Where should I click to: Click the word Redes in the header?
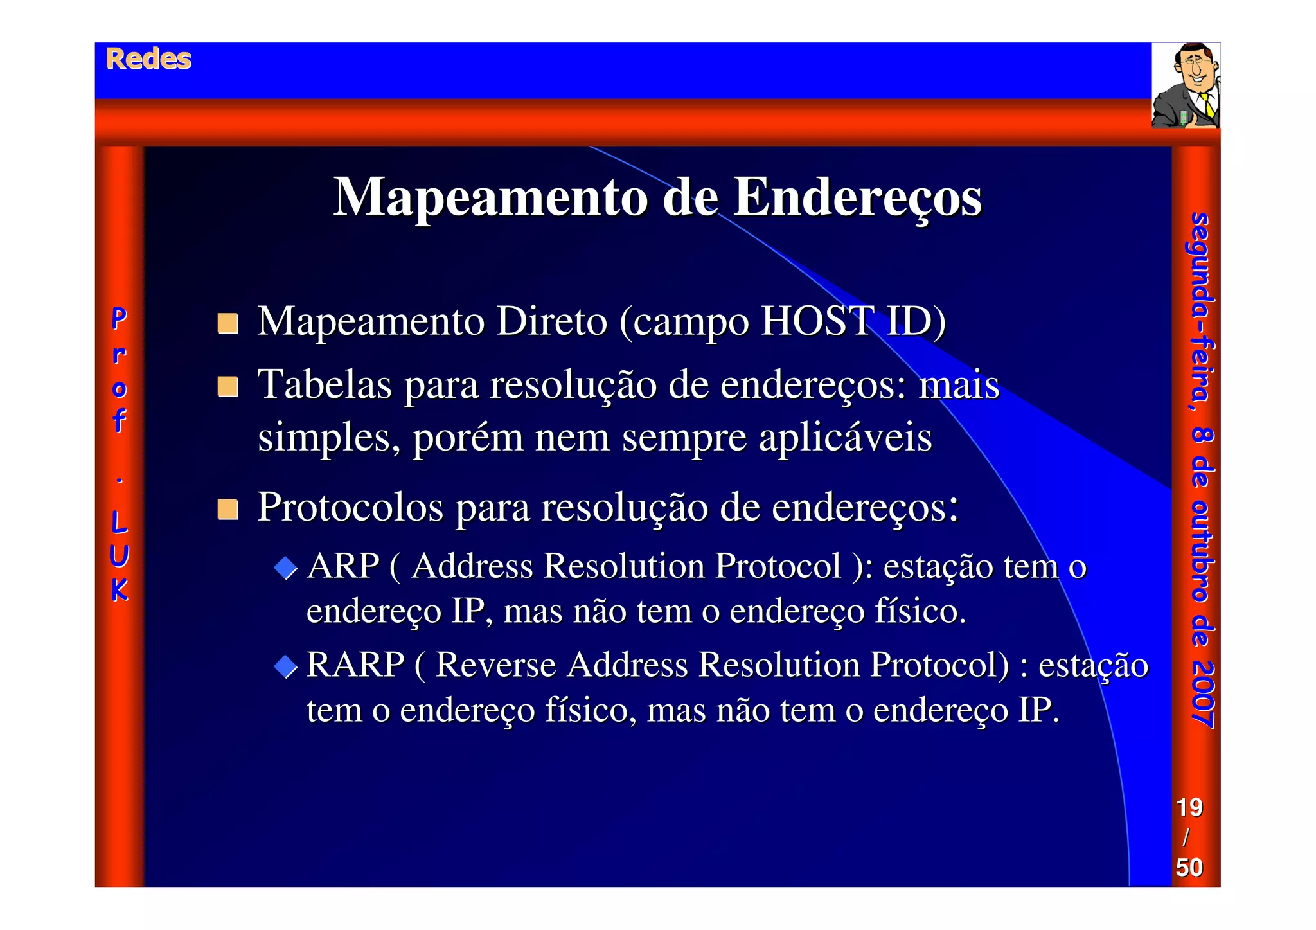148,59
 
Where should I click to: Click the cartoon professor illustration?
1186,85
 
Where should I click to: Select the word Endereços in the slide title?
857,198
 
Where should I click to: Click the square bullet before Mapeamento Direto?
227,323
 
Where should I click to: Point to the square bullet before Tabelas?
227,387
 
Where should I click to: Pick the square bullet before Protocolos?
227,509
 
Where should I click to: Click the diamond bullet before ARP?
285,568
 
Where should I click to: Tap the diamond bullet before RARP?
285,666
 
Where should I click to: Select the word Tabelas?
325,385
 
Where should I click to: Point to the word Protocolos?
350,507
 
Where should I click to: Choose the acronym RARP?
355,665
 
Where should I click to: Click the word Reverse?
495,665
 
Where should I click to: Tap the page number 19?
1189,807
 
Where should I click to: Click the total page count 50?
1189,867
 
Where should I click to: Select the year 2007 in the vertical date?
1201,695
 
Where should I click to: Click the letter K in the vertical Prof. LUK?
120,590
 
